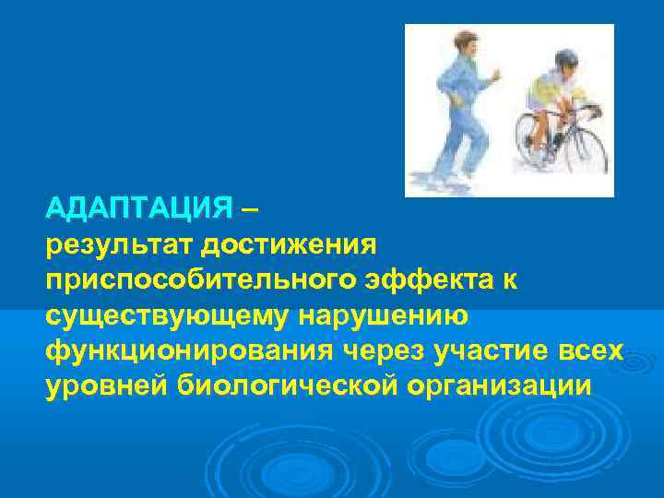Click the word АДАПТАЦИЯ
click(138, 209)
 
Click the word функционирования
click(190, 351)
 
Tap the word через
click(385, 351)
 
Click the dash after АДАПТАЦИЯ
click(250, 209)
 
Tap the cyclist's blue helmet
click(564, 59)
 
